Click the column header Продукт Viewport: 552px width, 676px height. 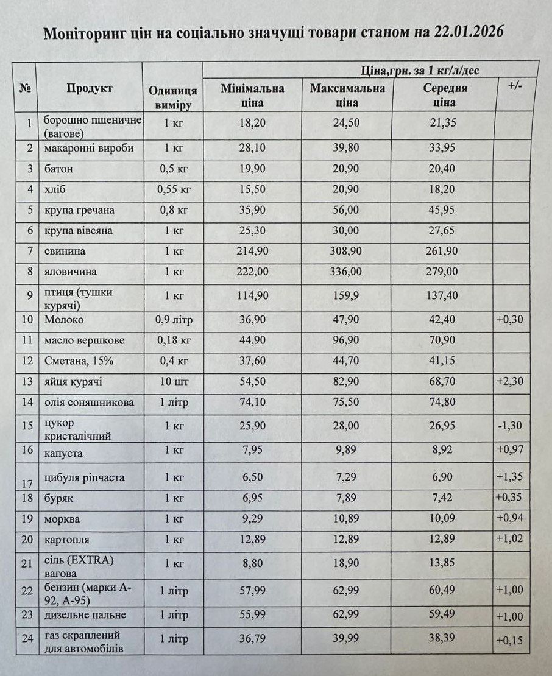pyautogui.click(x=90, y=88)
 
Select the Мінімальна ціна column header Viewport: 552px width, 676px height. pyautogui.click(x=252, y=95)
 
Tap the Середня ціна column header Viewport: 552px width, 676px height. pyautogui.click(x=445, y=95)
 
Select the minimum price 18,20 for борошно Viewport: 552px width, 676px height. pyautogui.click(x=252, y=123)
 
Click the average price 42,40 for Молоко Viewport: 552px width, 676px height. pyautogui.click(x=444, y=320)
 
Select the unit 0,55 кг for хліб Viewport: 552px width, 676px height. pyautogui.click(x=173, y=189)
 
